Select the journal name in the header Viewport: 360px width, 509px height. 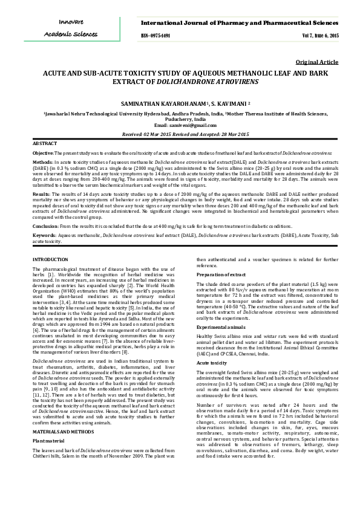240,22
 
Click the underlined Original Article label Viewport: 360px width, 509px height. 316,62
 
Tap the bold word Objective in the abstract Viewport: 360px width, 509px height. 43,154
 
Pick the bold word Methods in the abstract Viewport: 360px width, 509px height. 42,163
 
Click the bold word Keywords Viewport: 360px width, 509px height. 44,235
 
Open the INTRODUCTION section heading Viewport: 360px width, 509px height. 50,259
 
